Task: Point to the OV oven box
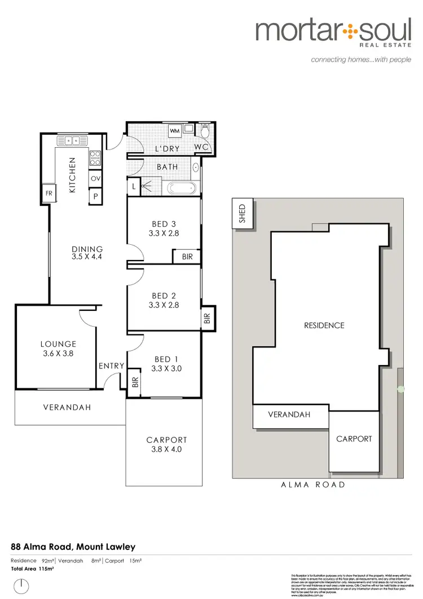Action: pyautogui.click(x=95, y=178)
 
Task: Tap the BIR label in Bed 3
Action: pyautogui.click(x=186, y=256)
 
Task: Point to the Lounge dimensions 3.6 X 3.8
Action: pyautogui.click(x=58, y=354)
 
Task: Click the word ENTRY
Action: pyautogui.click(x=111, y=366)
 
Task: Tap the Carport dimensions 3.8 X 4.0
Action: pyautogui.click(x=166, y=450)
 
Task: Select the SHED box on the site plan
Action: pyautogui.click(x=242, y=213)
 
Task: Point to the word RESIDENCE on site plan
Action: pyautogui.click(x=324, y=325)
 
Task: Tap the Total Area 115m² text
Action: pyautogui.click(x=32, y=569)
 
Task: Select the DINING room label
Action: pyautogui.click(x=87, y=249)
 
